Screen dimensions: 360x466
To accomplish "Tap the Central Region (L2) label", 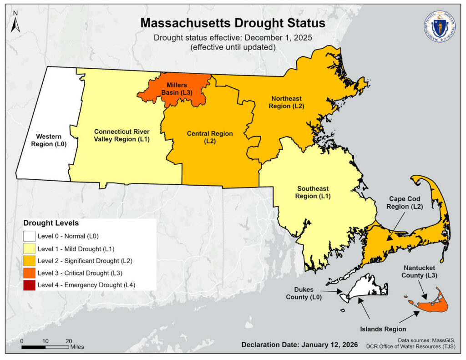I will pos(210,137).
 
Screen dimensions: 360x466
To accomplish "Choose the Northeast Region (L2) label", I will pos(287,102).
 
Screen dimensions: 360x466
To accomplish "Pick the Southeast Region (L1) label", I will pos(313,192).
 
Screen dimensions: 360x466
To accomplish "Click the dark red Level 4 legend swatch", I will pos(30,285).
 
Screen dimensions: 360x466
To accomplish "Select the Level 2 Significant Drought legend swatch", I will pos(30,261).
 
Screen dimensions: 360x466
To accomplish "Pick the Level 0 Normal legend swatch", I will pos(30,236).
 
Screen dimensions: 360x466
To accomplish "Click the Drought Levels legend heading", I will pos(51,223).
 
